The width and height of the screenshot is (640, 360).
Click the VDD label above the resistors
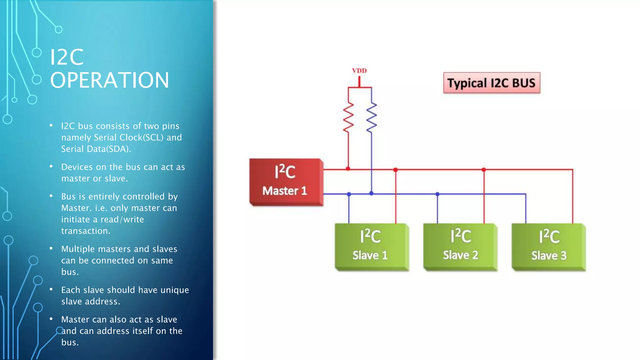pos(359,71)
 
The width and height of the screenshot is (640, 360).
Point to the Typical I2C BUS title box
pos(492,83)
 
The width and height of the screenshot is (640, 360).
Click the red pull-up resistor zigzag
pos(348,117)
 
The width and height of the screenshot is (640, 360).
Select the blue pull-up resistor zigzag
pos(372,117)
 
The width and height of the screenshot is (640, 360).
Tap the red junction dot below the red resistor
pos(348,169)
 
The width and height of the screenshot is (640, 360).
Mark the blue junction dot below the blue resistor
pos(371,193)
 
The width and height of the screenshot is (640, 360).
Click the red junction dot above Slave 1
pos(396,170)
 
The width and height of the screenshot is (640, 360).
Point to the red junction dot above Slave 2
pos(484,170)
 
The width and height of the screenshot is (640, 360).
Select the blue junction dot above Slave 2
pos(437,194)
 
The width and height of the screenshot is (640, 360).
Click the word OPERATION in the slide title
pos(109,80)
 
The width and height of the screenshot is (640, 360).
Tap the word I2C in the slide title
pos(67,57)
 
